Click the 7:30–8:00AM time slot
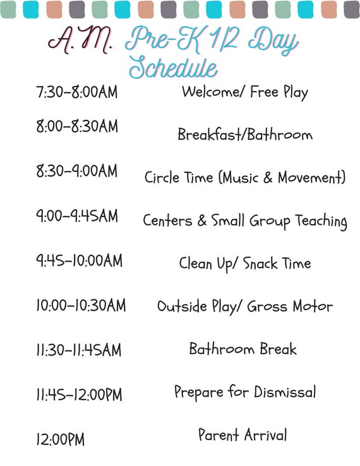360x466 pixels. click(x=76, y=93)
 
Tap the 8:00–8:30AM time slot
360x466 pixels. click(x=76, y=127)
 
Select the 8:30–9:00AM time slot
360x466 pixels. click(x=76, y=171)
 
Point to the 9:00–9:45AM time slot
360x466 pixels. click(x=76, y=216)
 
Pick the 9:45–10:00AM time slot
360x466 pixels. click(x=79, y=261)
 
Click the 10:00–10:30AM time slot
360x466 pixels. click(x=80, y=306)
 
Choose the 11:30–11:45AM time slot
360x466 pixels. click(x=78, y=350)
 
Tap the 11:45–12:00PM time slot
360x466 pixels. click(x=79, y=395)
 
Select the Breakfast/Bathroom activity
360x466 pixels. click(x=244, y=134)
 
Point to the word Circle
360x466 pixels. click(x=162, y=177)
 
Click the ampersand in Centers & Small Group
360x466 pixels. click(x=203, y=221)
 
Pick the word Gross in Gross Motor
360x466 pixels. click(x=267, y=306)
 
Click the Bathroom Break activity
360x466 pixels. click(x=243, y=349)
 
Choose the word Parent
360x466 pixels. click(x=219, y=435)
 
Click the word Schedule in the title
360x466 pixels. click(x=173, y=68)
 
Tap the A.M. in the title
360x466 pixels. click(x=81, y=40)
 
